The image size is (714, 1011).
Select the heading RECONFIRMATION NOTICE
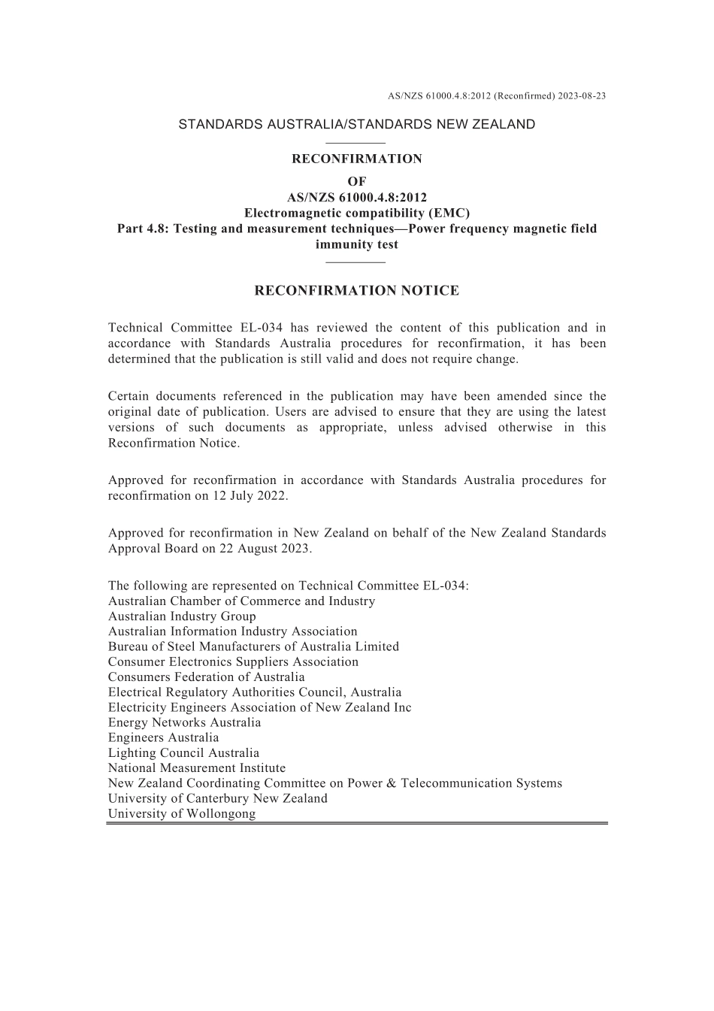(x=357, y=291)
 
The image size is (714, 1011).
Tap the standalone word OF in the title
(x=357, y=181)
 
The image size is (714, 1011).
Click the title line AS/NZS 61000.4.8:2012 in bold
(x=357, y=198)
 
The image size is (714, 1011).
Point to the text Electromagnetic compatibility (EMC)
(x=357, y=213)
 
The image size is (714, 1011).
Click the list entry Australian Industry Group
(x=182, y=616)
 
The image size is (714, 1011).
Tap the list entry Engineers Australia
(x=164, y=738)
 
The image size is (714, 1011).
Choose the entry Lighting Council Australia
(x=183, y=753)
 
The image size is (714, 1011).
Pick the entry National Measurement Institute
(x=197, y=768)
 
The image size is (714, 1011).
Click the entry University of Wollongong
(x=182, y=814)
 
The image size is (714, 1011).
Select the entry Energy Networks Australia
(x=185, y=723)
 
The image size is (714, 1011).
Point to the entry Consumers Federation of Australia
(x=207, y=677)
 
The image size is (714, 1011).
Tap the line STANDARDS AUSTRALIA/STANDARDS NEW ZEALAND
(x=357, y=125)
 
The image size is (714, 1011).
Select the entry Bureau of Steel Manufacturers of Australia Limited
(x=253, y=646)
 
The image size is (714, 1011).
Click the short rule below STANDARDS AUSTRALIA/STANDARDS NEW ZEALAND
(x=357, y=142)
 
